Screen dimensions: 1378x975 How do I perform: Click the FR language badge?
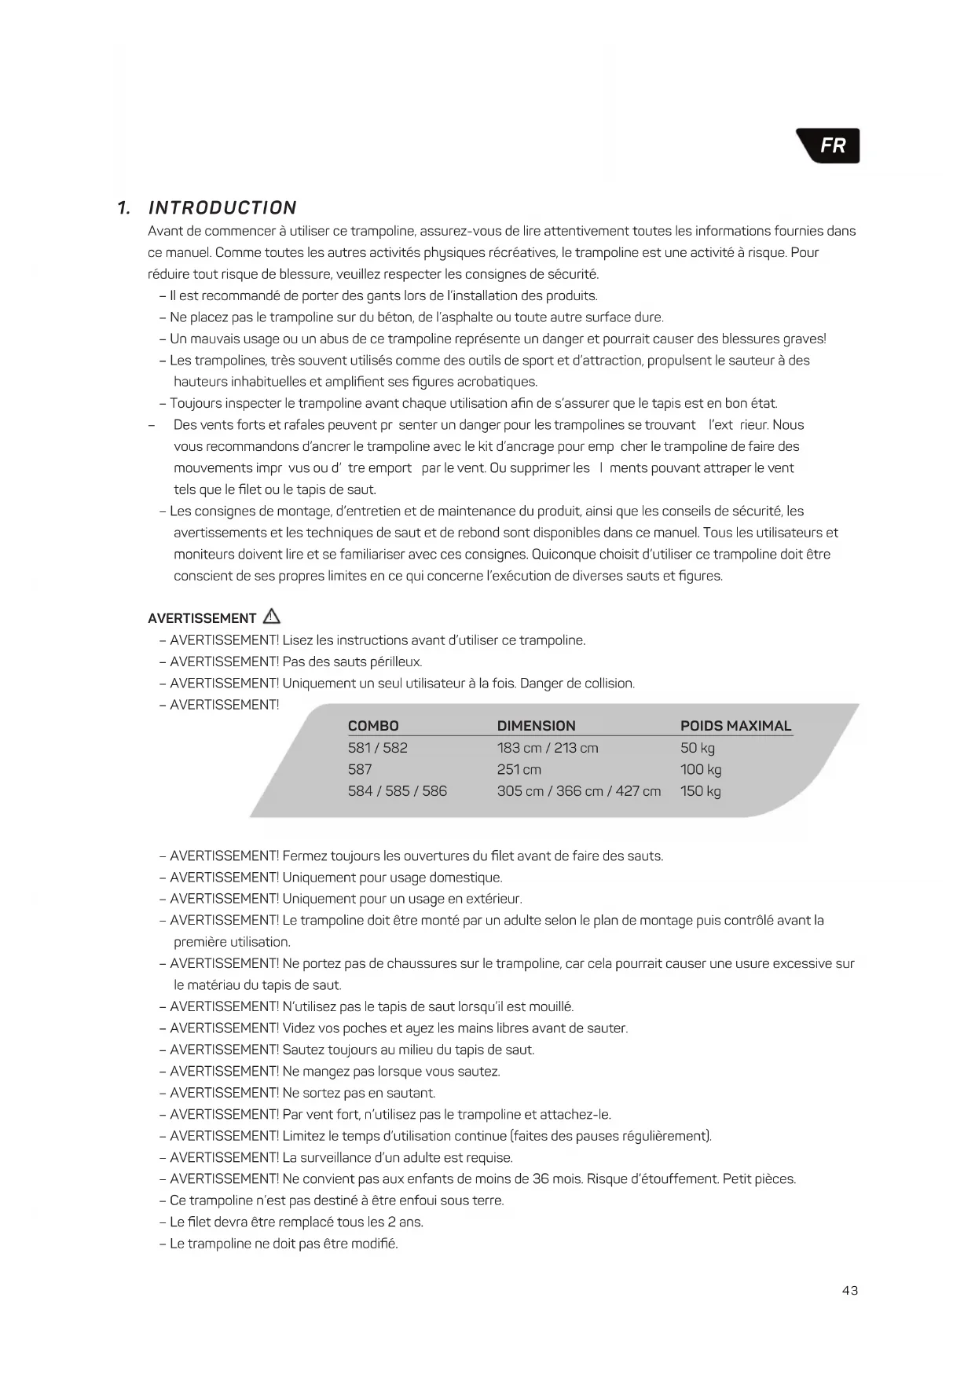tap(832, 146)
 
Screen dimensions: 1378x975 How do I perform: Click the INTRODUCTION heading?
tap(222, 208)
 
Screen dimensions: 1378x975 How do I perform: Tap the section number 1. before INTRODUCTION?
tap(123, 208)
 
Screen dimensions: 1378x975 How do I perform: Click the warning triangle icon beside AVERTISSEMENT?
tap(272, 617)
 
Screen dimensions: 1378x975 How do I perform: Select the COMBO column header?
tap(373, 726)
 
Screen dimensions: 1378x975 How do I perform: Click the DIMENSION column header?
tap(536, 726)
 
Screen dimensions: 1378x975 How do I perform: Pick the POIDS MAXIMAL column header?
tap(735, 726)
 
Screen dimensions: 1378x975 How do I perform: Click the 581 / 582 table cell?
tap(378, 748)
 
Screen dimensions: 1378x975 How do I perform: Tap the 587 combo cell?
tap(360, 770)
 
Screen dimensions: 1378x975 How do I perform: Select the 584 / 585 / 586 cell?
tap(398, 791)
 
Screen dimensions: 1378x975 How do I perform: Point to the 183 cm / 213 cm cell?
tap(548, 748)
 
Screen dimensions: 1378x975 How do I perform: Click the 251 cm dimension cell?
tap(519, 770)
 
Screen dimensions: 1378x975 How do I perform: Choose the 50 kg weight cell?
tap(698, 748)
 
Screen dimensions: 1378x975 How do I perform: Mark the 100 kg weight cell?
tap(701, 770)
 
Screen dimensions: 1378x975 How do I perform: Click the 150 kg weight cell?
tap(701, 791)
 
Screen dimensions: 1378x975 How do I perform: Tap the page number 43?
tap(849, 1290)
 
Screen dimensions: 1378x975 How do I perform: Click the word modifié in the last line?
tap(373, 1244)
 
